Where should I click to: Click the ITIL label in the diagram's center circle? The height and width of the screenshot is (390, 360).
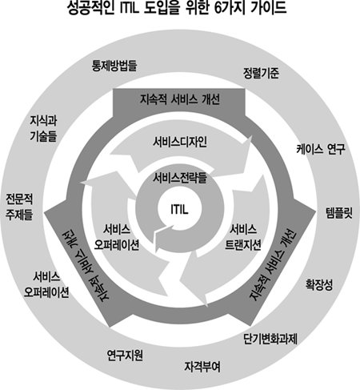tap(179, 209)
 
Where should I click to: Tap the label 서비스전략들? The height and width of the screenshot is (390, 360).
tap(180, 178)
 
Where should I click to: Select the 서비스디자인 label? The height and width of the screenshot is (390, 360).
tap(180, 142)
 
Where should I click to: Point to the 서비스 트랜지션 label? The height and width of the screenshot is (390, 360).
tap(243, 237)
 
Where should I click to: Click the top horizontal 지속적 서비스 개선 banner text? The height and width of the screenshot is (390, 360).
tap(180, 99)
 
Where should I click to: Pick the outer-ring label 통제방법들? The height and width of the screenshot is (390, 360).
tap(114, 66)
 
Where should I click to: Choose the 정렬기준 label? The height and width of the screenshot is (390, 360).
tap(261, 73)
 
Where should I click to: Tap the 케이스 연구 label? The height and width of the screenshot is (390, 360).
tap(321, 149)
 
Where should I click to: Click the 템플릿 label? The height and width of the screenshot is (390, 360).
tap(339, 213)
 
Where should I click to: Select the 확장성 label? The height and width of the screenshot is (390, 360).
tap(319, 285)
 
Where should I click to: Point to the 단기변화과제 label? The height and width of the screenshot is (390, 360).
tap(270, 339)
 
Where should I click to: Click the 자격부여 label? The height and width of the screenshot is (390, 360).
tap(202, 367)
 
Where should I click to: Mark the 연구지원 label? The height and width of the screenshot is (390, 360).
tap(125, 356)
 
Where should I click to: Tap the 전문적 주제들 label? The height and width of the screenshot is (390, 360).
tap(19, 207)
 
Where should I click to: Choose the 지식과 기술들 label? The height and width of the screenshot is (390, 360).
tap(43, 128)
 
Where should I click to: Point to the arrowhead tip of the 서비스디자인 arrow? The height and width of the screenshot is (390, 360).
tap(250, 137)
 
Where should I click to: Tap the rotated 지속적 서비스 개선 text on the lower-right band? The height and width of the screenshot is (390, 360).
tap(273, 265)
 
